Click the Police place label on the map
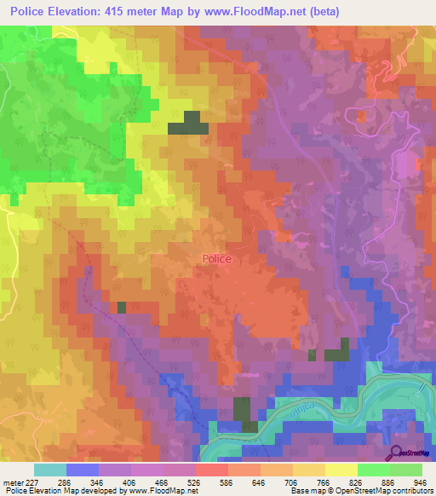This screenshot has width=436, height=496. coord(216,259)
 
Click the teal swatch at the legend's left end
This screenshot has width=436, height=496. coord(50,470)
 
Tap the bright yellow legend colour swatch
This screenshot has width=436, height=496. coord(341,470)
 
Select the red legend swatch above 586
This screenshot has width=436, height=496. coord(211,470)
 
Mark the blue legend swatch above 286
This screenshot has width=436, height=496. coord(83,470)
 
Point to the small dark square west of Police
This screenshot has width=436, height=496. coord(122,307)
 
